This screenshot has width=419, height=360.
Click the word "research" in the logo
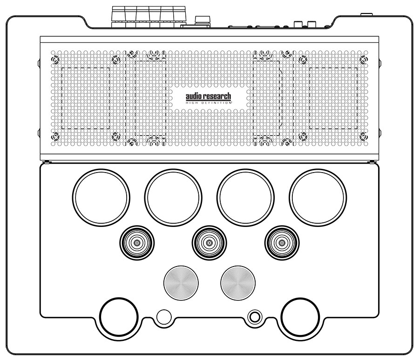click(216, 96)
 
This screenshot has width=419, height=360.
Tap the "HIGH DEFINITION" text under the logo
click(209, 103)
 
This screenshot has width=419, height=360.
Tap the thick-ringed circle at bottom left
click(118, 318)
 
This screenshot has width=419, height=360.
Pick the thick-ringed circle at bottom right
click(300, 318)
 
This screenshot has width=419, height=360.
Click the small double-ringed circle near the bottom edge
click(254, 318)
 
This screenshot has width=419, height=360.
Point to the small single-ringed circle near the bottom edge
click(163, 318)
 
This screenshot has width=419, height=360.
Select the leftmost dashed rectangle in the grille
click(86, 98)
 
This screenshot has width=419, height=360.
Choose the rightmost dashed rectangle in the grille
click(333, 98)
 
